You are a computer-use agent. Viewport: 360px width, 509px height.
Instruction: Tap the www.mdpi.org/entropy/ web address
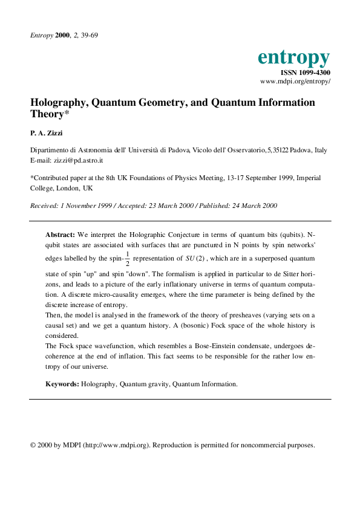pos(295,81)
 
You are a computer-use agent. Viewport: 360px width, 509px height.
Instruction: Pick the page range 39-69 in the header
pos(90,35)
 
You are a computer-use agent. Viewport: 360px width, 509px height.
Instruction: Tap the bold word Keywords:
pos(62,384)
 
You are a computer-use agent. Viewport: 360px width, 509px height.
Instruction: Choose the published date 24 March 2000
pos(249,206)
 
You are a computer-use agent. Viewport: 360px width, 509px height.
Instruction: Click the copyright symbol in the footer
pos(33,445)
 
